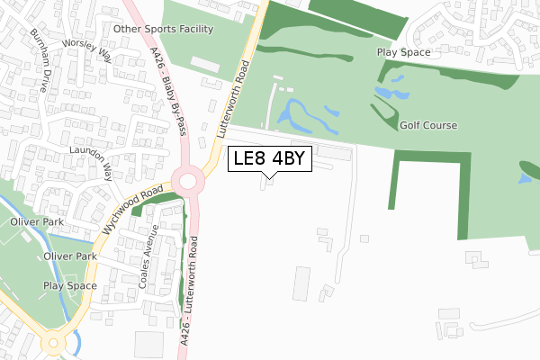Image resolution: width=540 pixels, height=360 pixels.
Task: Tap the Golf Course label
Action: click(428, 126)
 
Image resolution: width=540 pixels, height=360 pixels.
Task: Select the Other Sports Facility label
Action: click(164, 29)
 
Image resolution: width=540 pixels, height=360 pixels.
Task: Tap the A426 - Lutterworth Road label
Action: click(193, 289)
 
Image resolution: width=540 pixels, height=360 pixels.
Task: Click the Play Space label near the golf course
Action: click(403, 52)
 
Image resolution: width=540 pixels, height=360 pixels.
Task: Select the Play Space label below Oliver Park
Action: click(69, 285)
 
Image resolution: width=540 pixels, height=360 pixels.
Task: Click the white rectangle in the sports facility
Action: click(203, 64)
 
